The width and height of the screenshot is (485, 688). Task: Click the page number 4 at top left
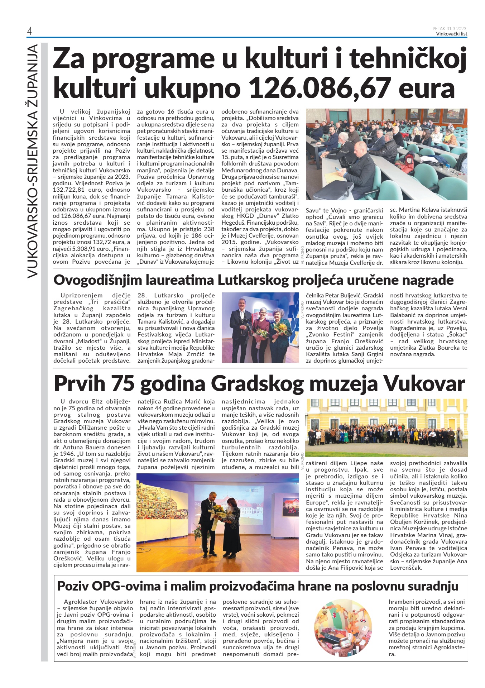(x=29, y=32)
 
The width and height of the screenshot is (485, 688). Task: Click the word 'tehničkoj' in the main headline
(x=408, y=59)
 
